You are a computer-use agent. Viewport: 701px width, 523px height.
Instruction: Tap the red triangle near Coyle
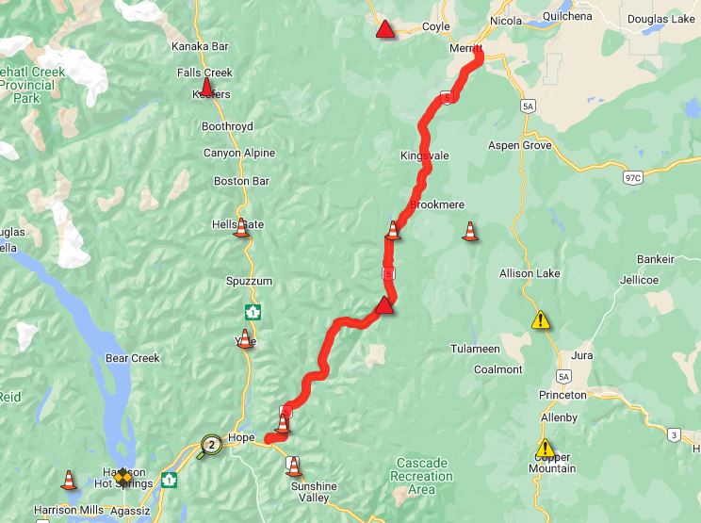coord(384,30)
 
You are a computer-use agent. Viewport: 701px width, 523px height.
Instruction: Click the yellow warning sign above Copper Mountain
coord(546,448)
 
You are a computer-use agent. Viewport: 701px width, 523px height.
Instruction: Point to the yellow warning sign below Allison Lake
coord(540,320)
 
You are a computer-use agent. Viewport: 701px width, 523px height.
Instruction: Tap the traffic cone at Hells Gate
coord(241,227)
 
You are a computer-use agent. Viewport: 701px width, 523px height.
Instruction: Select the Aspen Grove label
coord(518,145)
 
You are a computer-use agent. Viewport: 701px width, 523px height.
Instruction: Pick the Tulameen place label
coord(475,349)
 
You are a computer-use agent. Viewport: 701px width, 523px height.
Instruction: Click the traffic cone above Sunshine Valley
coord(294,466)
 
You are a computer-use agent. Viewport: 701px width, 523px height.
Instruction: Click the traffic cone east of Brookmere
coord(470,231)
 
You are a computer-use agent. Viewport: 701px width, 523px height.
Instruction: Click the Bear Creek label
coord(133,358)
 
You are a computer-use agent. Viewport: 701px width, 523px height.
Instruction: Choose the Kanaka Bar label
coord(201,46)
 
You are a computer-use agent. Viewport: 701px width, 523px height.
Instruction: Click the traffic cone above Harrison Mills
coord(69,480)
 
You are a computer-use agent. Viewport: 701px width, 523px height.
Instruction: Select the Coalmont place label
coord(497,369)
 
